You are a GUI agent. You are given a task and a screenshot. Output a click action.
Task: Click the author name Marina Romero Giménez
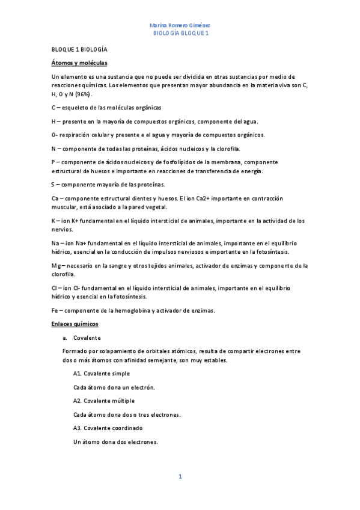[x=180, y=25]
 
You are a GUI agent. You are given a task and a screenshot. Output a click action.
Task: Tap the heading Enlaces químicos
[x=75, y=324]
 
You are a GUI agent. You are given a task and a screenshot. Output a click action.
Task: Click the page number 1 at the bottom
[x=180, y=477]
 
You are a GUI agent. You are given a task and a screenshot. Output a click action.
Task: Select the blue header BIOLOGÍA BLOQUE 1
[x=180, y=34]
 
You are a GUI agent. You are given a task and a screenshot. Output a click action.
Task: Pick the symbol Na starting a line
[x=56, y=243]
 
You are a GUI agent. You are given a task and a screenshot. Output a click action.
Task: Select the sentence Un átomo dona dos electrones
[x=115, y=442]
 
